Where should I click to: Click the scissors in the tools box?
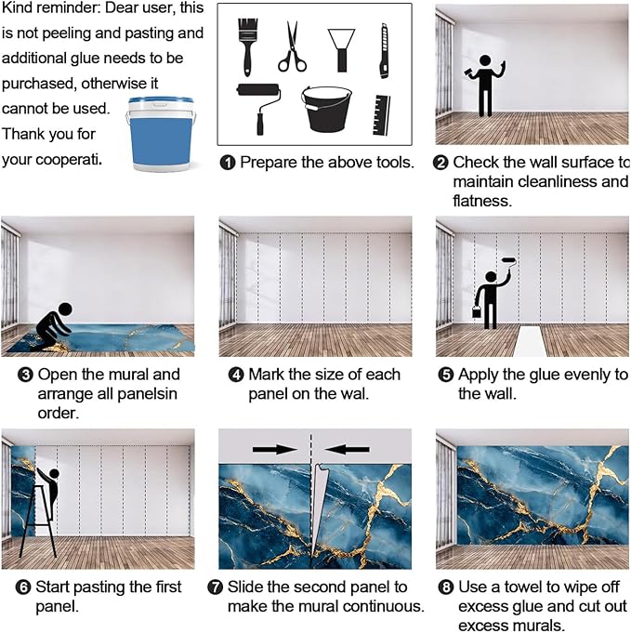[x=292, y=47]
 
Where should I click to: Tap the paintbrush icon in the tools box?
[x=247, y=46]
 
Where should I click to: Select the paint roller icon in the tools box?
[x=259, y=108]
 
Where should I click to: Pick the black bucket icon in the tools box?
[x=326, y=109]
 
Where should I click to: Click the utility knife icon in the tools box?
[x=385, y=51]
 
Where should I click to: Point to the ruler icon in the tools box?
[x=382, y=115]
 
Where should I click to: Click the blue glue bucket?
[x=161, y=134]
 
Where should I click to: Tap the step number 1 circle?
[x=228, y=163]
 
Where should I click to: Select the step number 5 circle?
[x=446, y=375]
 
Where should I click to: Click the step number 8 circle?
[x=446, y=587]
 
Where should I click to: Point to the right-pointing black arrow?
[x=275, y=449]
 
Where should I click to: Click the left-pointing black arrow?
[x=348, y=449]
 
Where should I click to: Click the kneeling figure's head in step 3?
[x=65, y=310]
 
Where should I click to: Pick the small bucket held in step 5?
[x=477, y=311]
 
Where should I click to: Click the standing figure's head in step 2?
[x=485, y=61]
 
